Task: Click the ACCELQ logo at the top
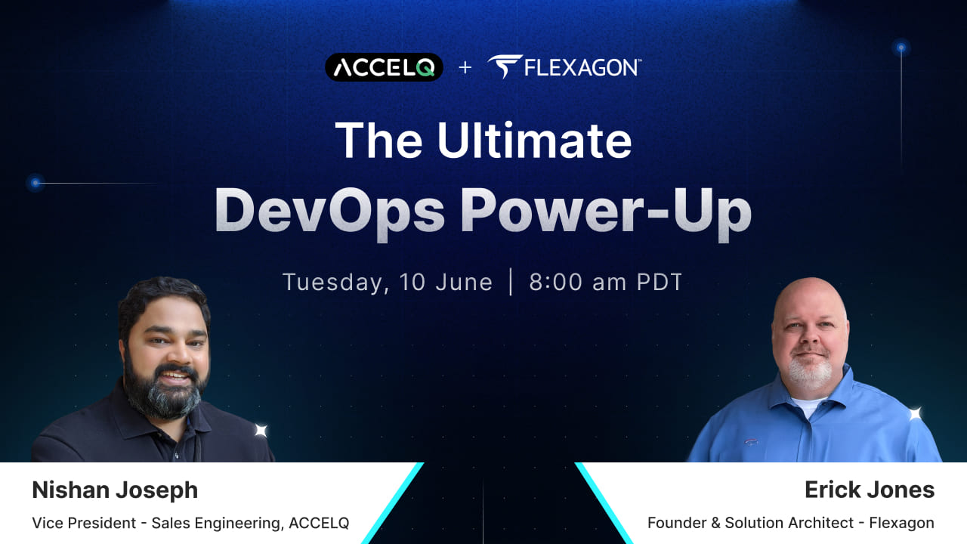[384, 67]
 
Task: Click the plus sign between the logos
[465, 68]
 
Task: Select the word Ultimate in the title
[534, 141]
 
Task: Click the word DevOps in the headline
[330, 211]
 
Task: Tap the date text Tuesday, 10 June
[388, 282]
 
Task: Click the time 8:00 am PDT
[606, 282]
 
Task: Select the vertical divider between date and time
[511, 282]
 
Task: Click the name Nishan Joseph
[115, 490]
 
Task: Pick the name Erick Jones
[870, 490]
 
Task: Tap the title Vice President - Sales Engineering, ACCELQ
[190, 523]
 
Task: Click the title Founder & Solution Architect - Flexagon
[791, 523]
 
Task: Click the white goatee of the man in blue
[810, 374]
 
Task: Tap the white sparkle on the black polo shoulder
[261, 431]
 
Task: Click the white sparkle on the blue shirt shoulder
[915, 413]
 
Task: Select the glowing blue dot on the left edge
[36, 183]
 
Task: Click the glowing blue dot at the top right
[901, 48]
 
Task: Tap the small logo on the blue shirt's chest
[751, 441]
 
